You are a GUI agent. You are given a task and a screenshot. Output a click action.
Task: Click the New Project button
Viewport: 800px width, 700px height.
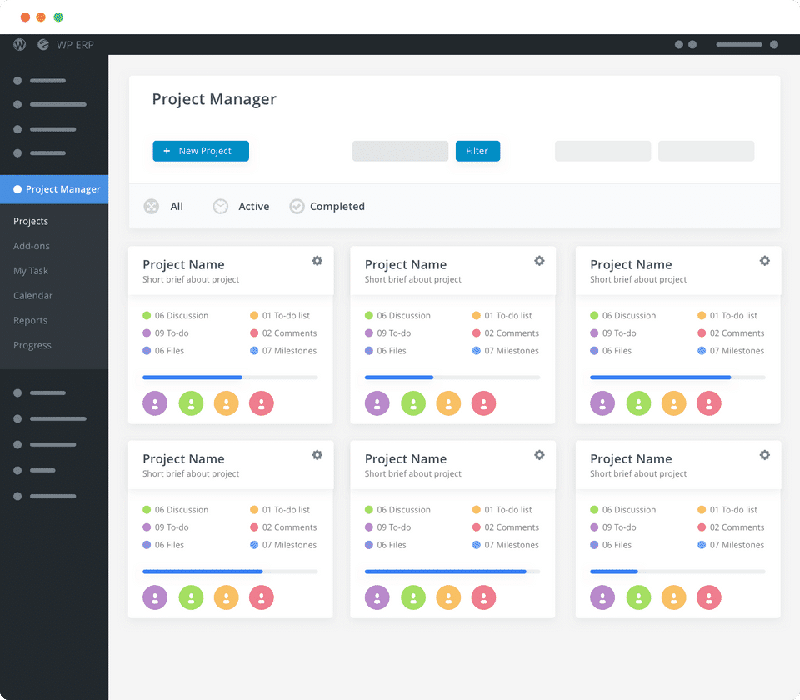click(x=201, y=151)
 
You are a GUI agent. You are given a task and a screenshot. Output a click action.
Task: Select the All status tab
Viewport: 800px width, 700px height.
click(x=177, y=207)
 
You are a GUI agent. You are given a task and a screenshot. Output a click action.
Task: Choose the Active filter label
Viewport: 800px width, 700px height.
click(x=253, y=207)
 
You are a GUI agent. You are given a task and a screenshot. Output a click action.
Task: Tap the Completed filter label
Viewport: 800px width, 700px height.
click(x=337, y=207)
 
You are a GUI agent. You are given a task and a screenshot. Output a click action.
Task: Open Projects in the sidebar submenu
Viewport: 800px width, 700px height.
click(x=31, y=221)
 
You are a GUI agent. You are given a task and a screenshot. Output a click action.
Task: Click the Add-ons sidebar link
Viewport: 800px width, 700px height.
click(x=32, y=246)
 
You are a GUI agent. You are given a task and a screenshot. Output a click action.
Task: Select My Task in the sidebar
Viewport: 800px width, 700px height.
click(x=31, y=271)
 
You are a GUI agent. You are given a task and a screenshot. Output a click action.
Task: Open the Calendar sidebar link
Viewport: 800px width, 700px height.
click(x=33, y=296)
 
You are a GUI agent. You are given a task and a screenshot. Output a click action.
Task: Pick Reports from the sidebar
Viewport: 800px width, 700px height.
click(x=31, y=320)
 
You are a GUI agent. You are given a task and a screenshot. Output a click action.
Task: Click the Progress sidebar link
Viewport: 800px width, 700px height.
click(x=32, y=345)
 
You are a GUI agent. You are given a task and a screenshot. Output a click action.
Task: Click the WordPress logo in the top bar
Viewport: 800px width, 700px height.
click(x=20, y=45)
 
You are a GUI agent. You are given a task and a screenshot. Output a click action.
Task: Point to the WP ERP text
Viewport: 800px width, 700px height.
click(x=75, y=45)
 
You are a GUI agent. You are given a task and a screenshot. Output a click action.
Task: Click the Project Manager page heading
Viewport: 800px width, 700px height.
click(x=214, y=99)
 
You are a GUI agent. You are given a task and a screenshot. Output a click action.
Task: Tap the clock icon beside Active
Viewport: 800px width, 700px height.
click(x=220, y=207)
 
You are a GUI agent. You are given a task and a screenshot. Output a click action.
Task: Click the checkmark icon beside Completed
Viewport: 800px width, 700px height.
click(x=297, y=207)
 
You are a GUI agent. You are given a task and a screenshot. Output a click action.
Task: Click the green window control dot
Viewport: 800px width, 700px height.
click(x=58, y=17)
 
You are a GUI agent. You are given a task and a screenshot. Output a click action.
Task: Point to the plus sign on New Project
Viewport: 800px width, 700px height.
click(x=167, y=151)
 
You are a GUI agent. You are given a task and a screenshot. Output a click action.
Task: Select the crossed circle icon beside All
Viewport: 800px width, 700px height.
click(x=151, y=207)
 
